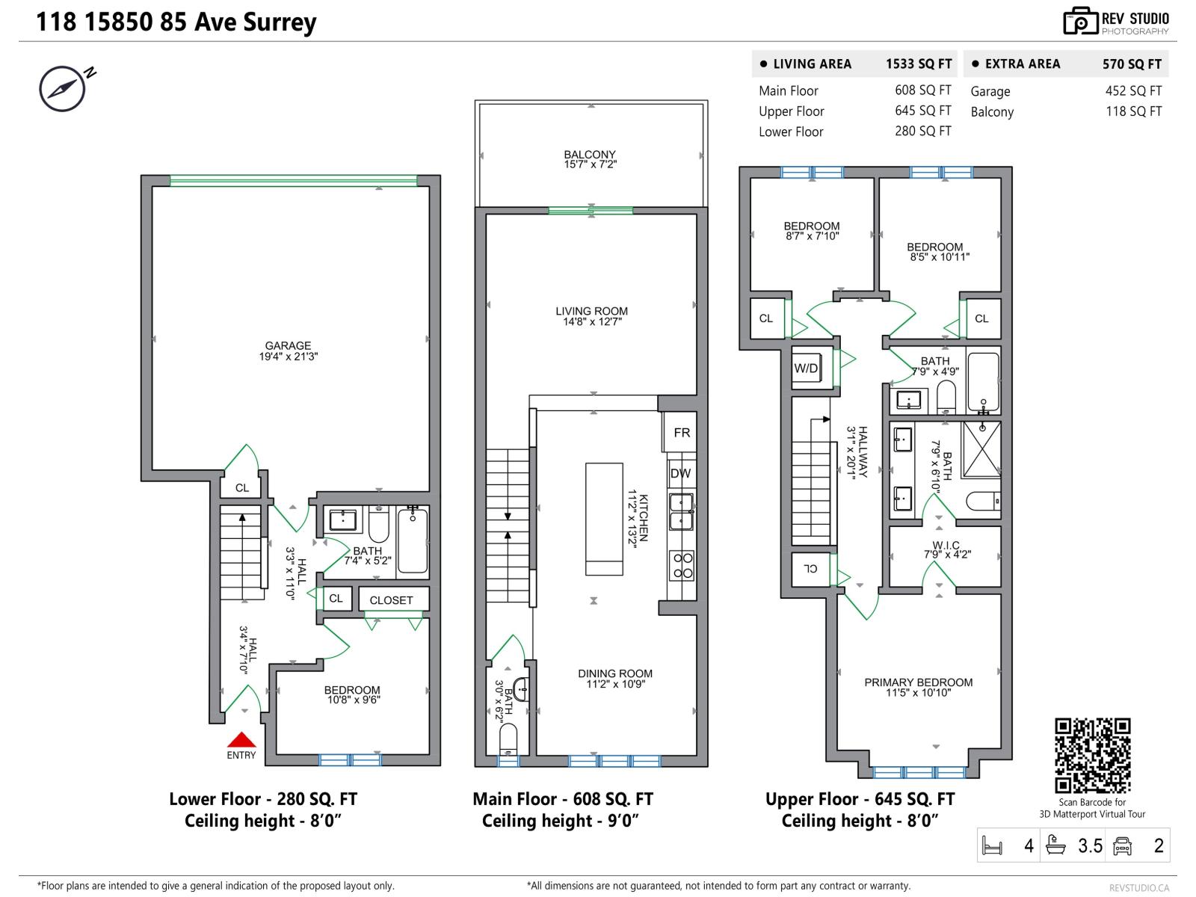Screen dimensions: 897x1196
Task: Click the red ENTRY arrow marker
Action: pos(241,740)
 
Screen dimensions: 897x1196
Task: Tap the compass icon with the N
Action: pos(62,87)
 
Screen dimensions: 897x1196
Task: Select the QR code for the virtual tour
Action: pos(1092,755)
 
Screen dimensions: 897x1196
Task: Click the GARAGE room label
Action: pos(288,346)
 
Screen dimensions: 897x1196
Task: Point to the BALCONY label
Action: pos(590,155)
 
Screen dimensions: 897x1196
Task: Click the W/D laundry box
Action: pos(806,369)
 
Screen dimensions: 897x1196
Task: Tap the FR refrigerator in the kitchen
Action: pos(681,433)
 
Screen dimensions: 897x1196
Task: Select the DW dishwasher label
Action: pos(680,473)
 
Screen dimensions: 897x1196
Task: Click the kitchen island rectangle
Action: pos(604,519)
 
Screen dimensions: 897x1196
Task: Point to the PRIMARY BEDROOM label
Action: pos(918,682)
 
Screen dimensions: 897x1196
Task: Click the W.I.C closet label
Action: pos(946,546)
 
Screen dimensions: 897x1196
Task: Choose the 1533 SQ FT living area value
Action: pos(919,64)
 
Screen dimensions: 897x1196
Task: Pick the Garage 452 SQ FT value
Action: pos(1133,91)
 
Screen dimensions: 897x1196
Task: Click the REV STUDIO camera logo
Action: pos(1080,22)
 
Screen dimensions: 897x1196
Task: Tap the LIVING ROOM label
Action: pos(591,312)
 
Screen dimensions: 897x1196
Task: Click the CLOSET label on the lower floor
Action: pos(391,600)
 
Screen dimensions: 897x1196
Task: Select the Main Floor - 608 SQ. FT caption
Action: pos(562,799)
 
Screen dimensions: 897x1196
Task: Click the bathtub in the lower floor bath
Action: pos(413,541)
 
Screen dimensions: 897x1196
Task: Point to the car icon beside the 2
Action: pos(1122,845)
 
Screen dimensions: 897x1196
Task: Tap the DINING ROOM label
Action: pos(614,673)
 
